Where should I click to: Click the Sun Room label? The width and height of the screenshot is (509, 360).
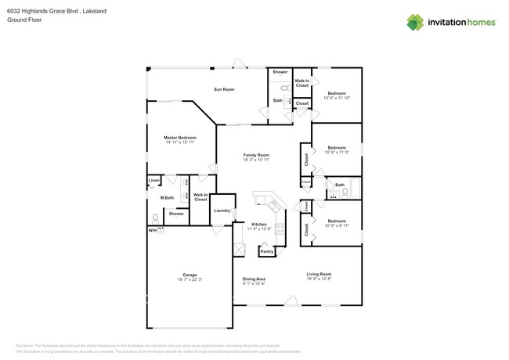(224, 89)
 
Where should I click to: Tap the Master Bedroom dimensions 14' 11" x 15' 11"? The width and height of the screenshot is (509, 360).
(180, 142)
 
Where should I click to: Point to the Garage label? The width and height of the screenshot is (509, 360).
(190, 275)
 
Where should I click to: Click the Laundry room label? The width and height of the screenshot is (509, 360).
(222, 210)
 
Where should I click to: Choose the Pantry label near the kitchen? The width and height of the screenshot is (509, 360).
(267, 251)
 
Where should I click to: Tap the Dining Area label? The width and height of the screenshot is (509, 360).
(254, 279)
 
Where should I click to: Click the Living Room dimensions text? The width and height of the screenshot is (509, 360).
(319, 279)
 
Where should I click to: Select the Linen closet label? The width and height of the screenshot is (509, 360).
(154, 182)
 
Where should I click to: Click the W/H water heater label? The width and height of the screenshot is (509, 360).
(153, 231)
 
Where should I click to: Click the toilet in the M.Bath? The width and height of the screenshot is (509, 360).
(155, 218)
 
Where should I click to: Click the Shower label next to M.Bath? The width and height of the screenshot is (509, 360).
(176, 214)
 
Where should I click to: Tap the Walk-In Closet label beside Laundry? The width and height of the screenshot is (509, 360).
(200, 197)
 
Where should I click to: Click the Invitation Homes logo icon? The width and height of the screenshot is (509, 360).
(416, 23)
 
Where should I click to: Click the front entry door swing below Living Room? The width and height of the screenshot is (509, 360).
(291, 301)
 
